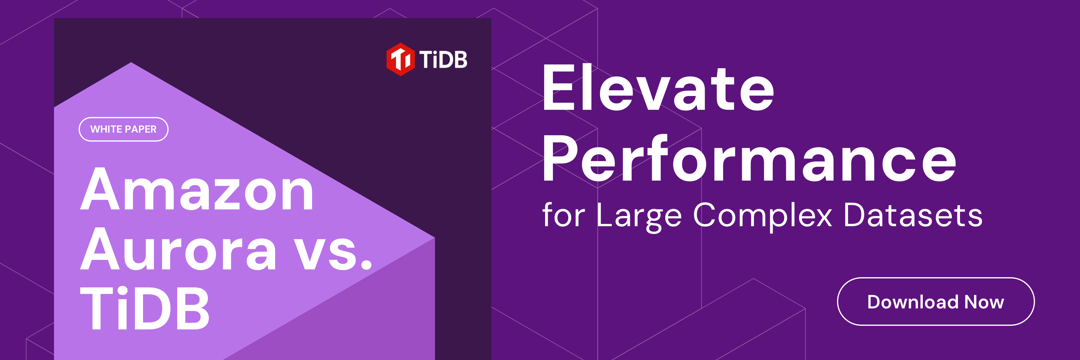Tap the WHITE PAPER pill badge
123,129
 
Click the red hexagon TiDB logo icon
400,59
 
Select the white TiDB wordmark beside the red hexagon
443,59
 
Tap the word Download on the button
912,302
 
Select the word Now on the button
984,302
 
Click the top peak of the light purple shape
131,63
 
